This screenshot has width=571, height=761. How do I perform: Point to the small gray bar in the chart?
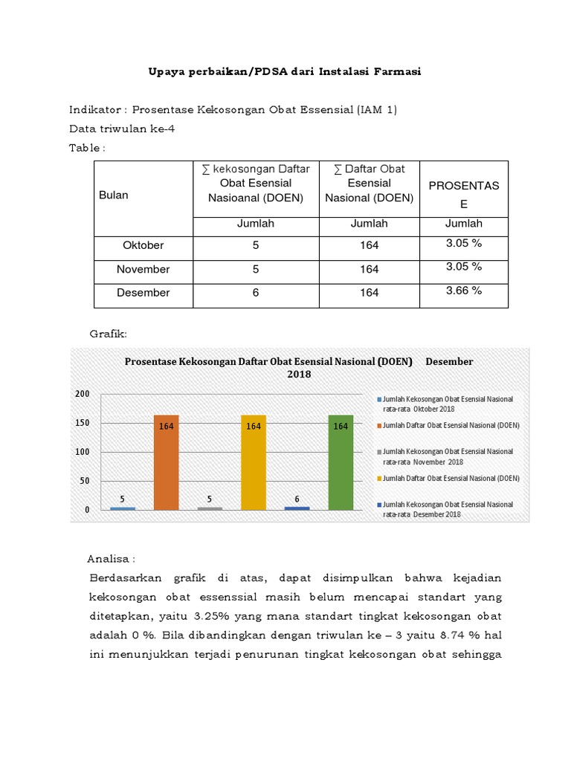[210, 508]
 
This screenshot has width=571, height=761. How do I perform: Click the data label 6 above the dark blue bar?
[297, 499]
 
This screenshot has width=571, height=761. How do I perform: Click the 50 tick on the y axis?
[85, 481]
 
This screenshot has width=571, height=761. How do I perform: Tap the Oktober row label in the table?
[143, 245]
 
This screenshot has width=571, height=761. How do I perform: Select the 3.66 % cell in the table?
[464, 291]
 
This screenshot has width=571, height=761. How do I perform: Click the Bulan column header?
[114, 195]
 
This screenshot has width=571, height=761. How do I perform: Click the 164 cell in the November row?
[370, 269]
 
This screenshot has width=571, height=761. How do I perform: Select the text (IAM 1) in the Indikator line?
[377, 110]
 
